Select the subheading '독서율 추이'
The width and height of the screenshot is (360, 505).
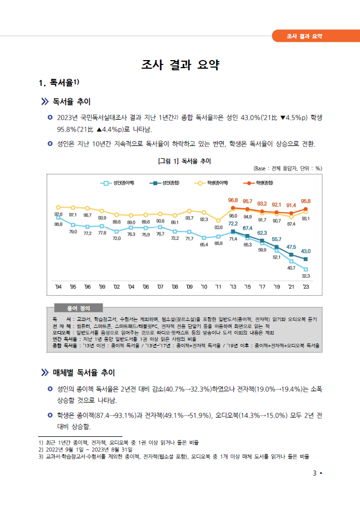point(71,102)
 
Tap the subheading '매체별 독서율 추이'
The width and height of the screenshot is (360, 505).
point(83,372)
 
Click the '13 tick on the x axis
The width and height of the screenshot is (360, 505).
point(233,287)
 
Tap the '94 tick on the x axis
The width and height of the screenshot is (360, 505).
point(58,287)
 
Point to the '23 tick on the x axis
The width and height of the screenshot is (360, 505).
point(306,287)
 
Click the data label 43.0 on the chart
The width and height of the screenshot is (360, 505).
point(305,251)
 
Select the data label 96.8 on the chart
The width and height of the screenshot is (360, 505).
point(233,200)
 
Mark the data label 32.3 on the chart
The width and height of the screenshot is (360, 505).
point(306,275)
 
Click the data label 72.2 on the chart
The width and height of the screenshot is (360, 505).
point(233,223)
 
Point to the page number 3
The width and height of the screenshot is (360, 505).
point(314,473)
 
